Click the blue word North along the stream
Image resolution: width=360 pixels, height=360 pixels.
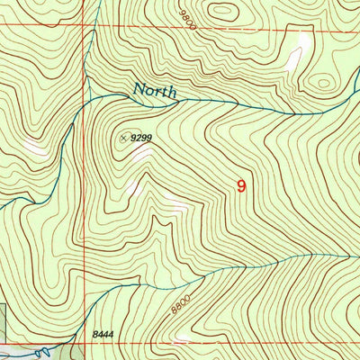pyautogui.click(x=155, y=91)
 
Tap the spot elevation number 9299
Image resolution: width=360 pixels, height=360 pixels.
pyautogui.click(x=140, y=139)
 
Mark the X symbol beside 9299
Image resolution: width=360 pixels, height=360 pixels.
pyautogui.click(x=123, y=138)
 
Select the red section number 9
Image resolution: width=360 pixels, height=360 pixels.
pyautogui.click(x=240, y=186)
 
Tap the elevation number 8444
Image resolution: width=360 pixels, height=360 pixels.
pyautogui.click(x=103, y=334)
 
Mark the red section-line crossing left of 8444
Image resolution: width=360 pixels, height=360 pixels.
pyautogui.click(x=84, y=342)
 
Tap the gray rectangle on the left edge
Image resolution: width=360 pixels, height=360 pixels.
pyautogui.click(x=3, y=319)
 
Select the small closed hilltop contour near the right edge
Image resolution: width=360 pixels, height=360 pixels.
pyautogui.click(x=321, y=84)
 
